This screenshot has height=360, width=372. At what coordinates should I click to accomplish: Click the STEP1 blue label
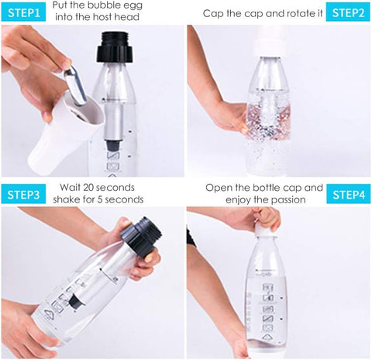pos(23,12)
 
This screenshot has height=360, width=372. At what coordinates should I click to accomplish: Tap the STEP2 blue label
pos(348,12)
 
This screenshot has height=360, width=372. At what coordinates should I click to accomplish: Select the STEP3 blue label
pos(23,194)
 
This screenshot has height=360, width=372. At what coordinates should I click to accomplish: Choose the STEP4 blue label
pos(349,194)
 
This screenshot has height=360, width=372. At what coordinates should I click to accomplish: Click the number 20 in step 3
pos(89,188)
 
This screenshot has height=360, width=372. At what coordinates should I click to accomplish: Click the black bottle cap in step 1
pos(115,47)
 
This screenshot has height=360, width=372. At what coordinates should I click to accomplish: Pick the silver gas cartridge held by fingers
pos(75,85)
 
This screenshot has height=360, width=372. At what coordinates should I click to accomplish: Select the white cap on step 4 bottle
pos(264,229)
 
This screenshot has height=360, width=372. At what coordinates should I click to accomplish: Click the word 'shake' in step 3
pos(66,199)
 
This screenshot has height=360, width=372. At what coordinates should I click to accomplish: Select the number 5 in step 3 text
pos(100,199)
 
